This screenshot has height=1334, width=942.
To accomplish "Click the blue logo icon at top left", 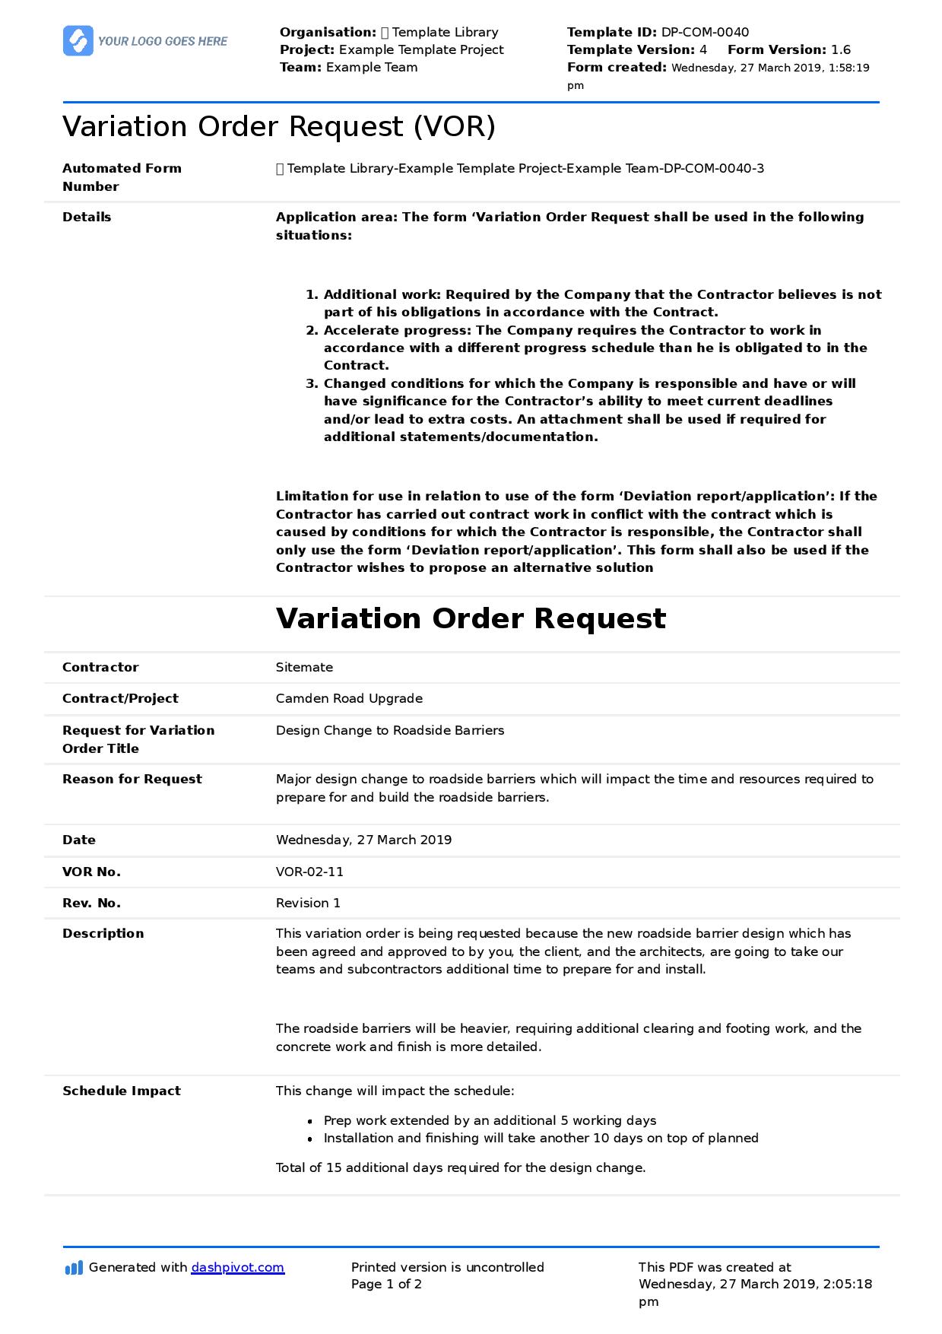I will pos(78,41).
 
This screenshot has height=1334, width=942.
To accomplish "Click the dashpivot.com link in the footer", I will pos(237,1267).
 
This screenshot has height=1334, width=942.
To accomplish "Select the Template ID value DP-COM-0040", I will pos(705,32).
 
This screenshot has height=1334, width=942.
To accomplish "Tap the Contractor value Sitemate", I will pos(304,667).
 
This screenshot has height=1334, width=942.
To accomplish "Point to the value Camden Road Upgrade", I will pos(349,698).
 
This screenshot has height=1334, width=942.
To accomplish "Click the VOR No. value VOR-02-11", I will pos(309,872).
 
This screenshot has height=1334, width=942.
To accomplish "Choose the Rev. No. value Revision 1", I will pos(308,903).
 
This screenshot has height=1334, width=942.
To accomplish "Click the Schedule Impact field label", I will pos(122,1091).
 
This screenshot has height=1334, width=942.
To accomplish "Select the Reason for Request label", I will pos(132,779).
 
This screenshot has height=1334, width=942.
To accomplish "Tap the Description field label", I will pos(103,933).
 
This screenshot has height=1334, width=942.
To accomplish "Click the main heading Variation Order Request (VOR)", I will pos(279,126).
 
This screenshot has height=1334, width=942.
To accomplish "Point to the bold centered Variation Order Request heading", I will pos(471,618).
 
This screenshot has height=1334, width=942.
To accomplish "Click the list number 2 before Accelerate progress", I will pos(312,330).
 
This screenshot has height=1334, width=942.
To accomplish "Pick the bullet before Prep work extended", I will pos(310,1121).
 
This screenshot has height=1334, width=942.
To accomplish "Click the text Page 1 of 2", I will pos(386,1284).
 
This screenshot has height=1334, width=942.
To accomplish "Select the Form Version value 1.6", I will pos(841,49).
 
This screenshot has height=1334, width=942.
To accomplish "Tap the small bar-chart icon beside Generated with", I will pos(74,1268).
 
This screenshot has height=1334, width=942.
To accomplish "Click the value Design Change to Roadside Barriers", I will pos(390,730).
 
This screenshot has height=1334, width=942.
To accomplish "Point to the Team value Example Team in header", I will pos(372,67).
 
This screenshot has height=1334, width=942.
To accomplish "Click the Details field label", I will pos(87,217).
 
